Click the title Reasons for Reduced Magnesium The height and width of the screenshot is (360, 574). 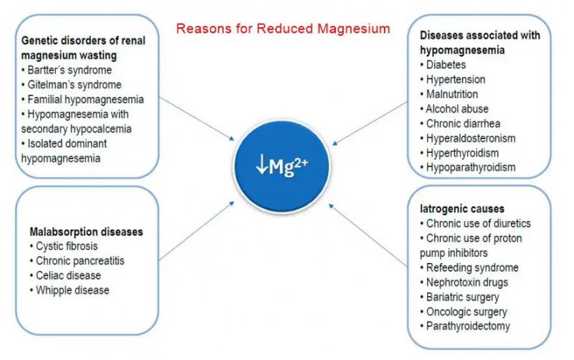(283, 29)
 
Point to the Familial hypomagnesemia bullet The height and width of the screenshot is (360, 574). (83, 98)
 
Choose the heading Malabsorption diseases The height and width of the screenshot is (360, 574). (86, 232)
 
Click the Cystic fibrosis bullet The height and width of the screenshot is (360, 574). (69, 246)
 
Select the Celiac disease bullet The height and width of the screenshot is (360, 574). (67, 275)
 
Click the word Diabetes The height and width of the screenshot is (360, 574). (446, 65)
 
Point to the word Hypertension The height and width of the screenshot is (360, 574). (455, 80)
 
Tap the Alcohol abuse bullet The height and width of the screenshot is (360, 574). (456, 109)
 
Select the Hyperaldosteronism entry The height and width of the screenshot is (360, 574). (470, 138)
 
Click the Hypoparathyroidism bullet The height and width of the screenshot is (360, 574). (470, 167)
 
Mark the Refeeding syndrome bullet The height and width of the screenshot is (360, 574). (471, 267)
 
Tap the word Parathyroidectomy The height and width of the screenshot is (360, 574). (467, 326)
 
